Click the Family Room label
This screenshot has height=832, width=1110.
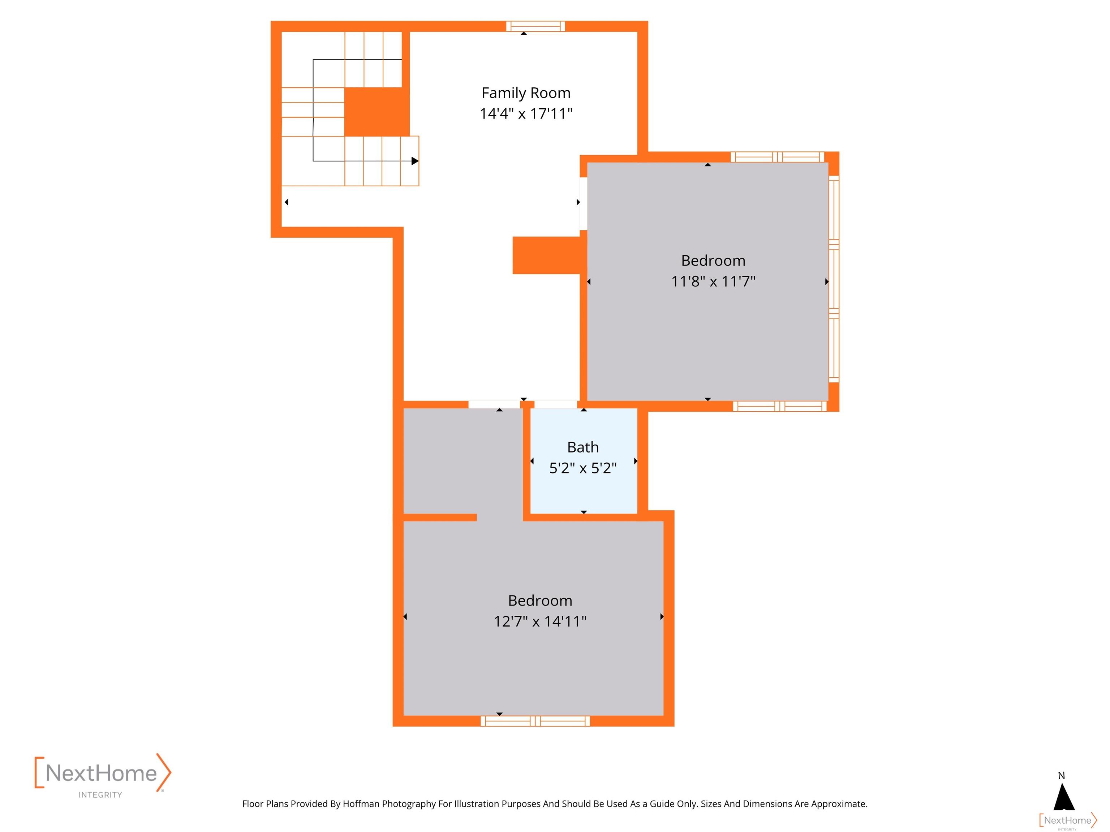point(526,93)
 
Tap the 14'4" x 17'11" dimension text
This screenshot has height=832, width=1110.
point(526,114)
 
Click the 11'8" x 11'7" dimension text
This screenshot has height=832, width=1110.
point(713,281)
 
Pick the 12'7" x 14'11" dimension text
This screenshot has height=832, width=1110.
point(540,621)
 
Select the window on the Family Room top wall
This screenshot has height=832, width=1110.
point(535,26)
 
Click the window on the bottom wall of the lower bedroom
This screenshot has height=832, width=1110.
point(535,721)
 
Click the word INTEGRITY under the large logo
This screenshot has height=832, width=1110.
point(100,795)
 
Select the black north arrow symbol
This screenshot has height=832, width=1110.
point(1064,797)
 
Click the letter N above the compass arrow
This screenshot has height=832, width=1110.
point(1061,776)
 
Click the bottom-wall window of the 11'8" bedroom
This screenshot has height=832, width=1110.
point(780,406)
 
